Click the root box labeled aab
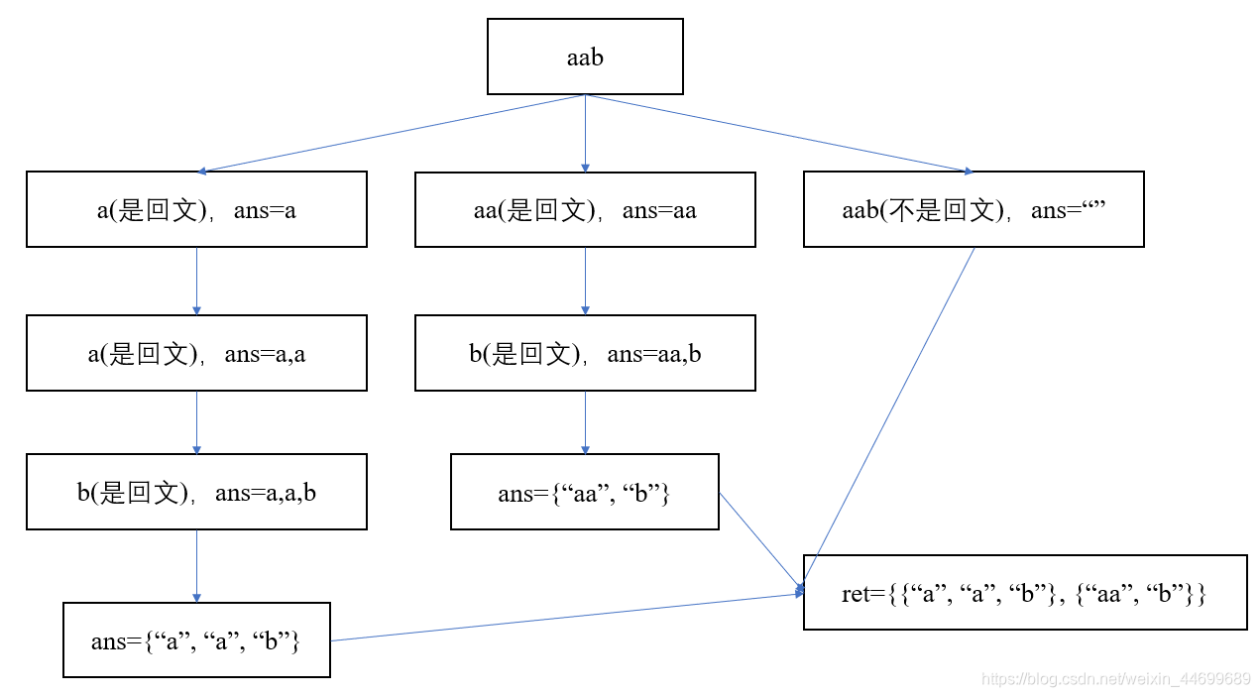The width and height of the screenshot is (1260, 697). tap(585, 57)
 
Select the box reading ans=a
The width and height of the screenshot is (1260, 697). tap(196, 209)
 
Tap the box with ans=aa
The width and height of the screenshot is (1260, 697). tap(585, 209)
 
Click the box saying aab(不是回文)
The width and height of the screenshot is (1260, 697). tap(974, 209)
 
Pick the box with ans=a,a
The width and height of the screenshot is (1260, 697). tap(196, 353)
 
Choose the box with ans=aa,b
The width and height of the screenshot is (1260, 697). tap(585, 353)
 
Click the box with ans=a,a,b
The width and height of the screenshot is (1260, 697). tap(196, 492)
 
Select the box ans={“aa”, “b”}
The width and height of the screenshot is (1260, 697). tap(585, 492)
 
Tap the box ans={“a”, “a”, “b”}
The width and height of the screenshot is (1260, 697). tap(196, 640)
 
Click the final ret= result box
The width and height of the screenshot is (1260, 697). tap(1025, 593)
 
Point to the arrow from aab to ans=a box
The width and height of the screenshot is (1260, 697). tap(392, 133)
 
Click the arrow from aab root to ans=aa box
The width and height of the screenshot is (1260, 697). tap(585, 134)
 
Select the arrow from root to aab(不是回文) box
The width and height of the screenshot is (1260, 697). tap(778, 133)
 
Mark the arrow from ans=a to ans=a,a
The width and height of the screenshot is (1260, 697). tap(196, 281)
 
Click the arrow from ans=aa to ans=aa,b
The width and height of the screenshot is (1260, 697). tap(585, 281)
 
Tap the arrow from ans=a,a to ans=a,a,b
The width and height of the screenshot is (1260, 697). tap(196, 422)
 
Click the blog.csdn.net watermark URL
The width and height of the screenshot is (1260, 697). tap(1115, 679)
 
